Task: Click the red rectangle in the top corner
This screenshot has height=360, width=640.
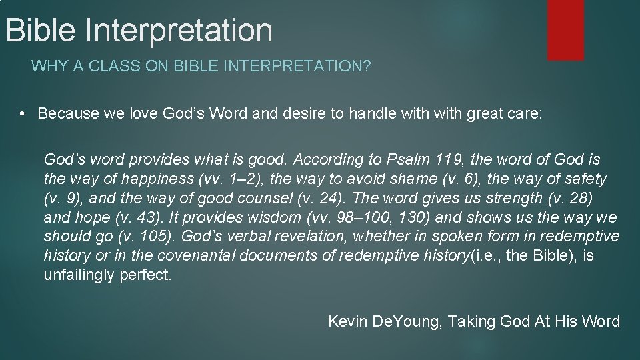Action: click(565, 29)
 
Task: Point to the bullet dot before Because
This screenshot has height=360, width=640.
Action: click(22, 113)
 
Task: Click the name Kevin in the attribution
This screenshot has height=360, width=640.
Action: click(348, 321)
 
